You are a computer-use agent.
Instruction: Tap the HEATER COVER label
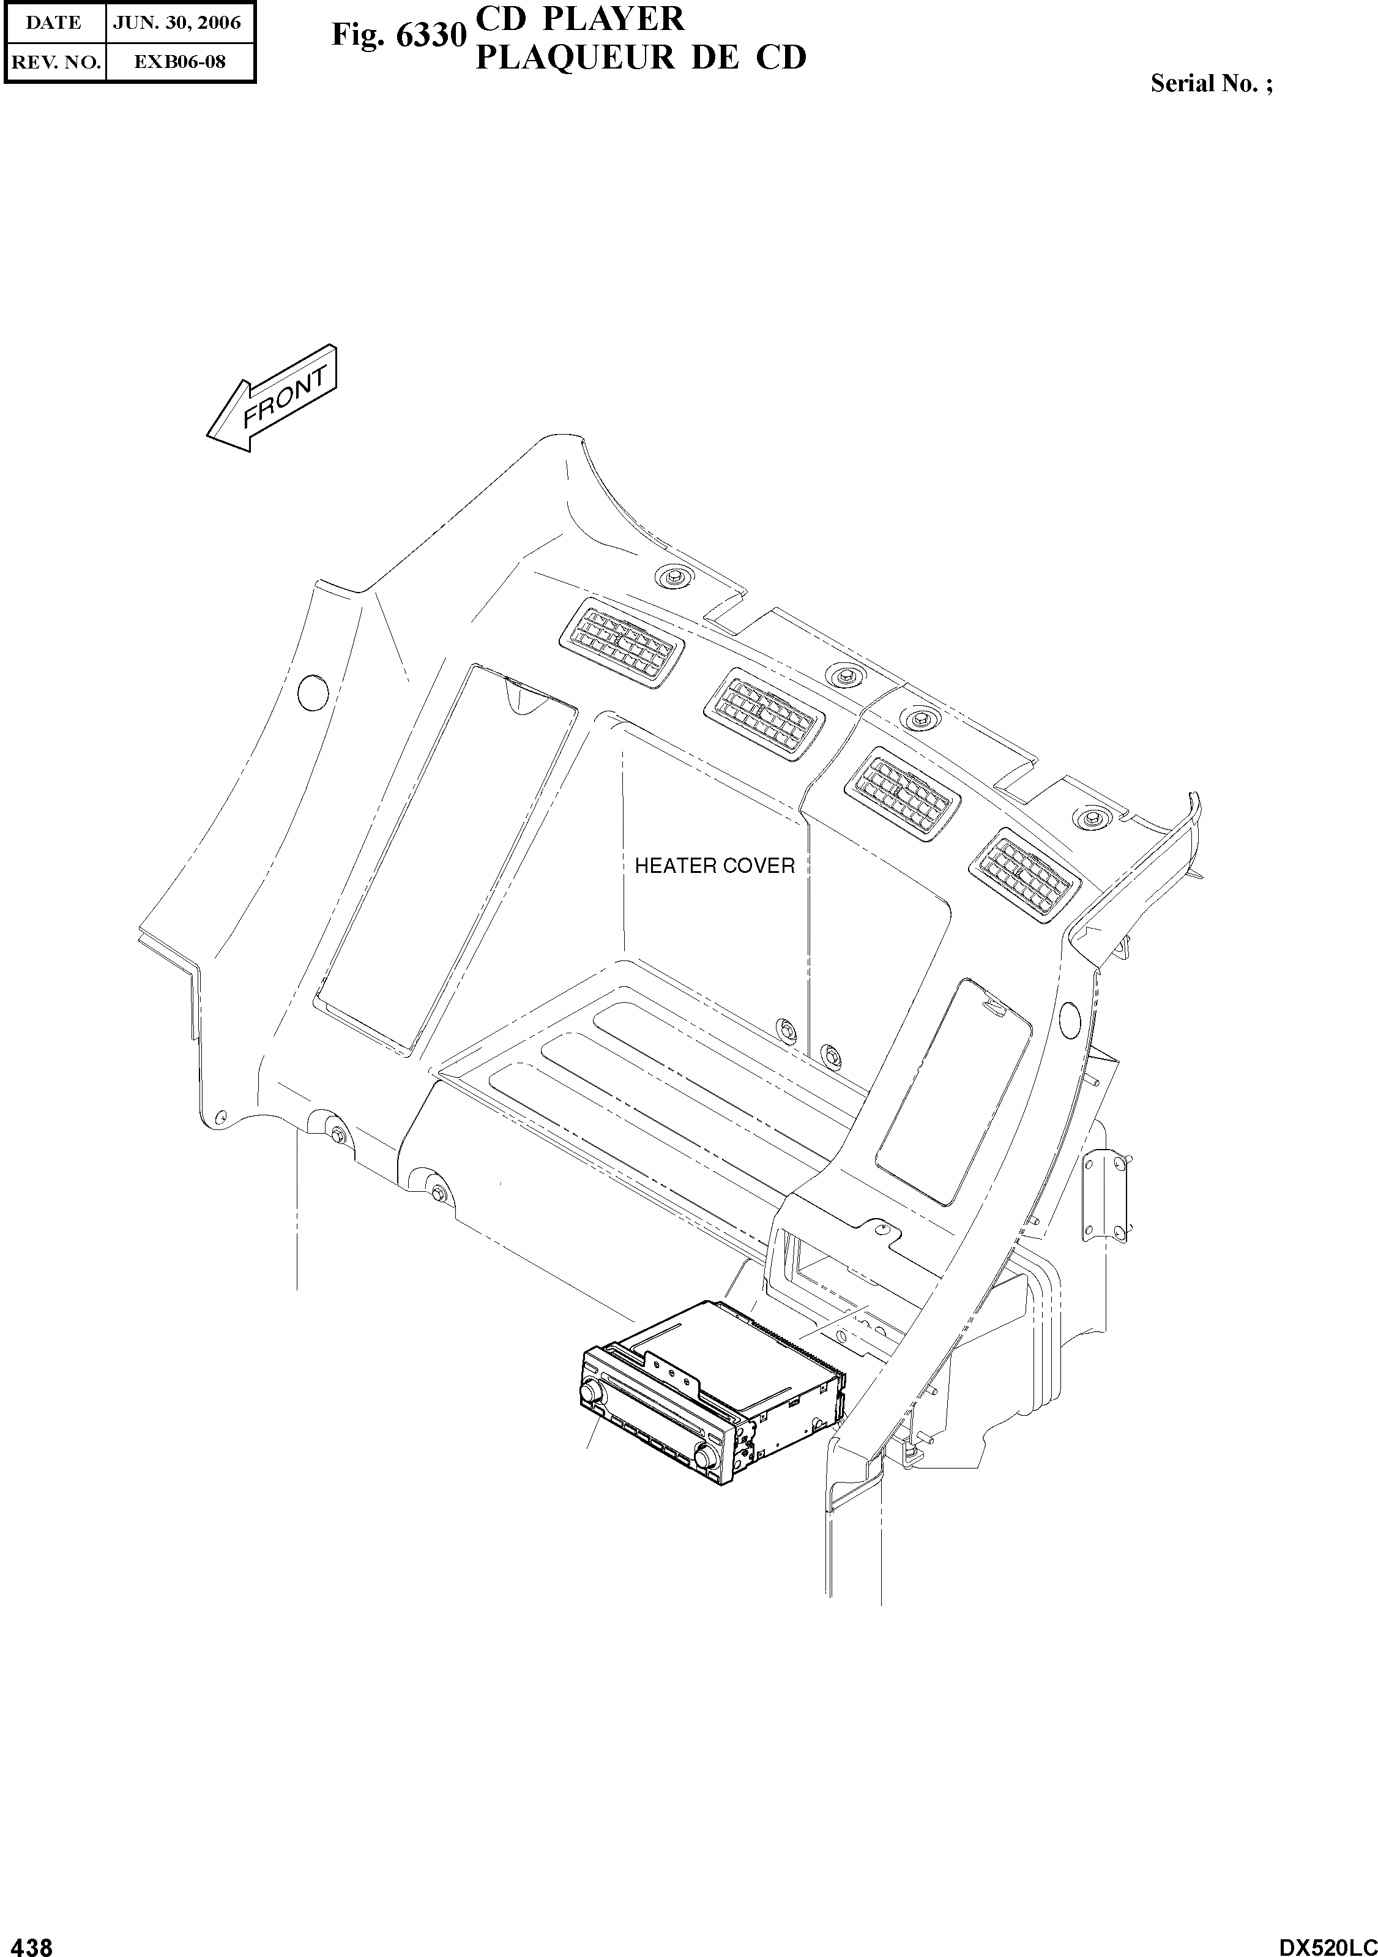(x=714, y=866)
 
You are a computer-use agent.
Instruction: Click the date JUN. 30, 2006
(x=178, y=23)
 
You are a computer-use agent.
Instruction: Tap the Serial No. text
(x=1211, y=83)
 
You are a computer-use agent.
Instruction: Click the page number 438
(x=28, y=1941)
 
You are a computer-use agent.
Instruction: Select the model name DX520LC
(x=1326, y=1941)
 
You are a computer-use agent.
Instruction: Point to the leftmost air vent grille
(x=621, y=643)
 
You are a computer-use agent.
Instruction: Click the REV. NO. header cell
(x=54, y=61)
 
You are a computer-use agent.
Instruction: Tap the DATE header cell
(x=54, y=23)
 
